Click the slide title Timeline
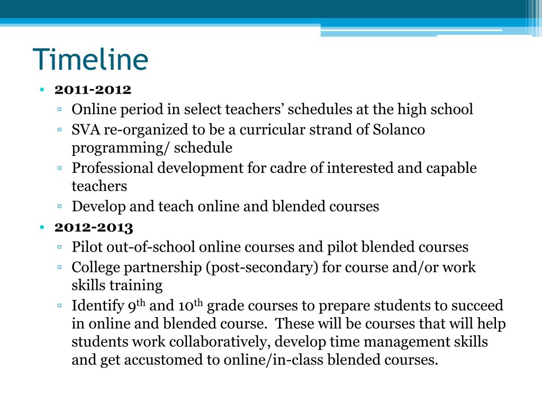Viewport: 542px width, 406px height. (x=91, y=59)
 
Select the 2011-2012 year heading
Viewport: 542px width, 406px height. (x=93, y=89)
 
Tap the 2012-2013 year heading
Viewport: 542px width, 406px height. (x=94, y=227)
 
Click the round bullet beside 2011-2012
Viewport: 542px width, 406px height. (x=42, y=89)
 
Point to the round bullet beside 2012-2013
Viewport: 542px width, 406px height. (x=42, y=227)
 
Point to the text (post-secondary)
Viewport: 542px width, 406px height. (x=263, y=267)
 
